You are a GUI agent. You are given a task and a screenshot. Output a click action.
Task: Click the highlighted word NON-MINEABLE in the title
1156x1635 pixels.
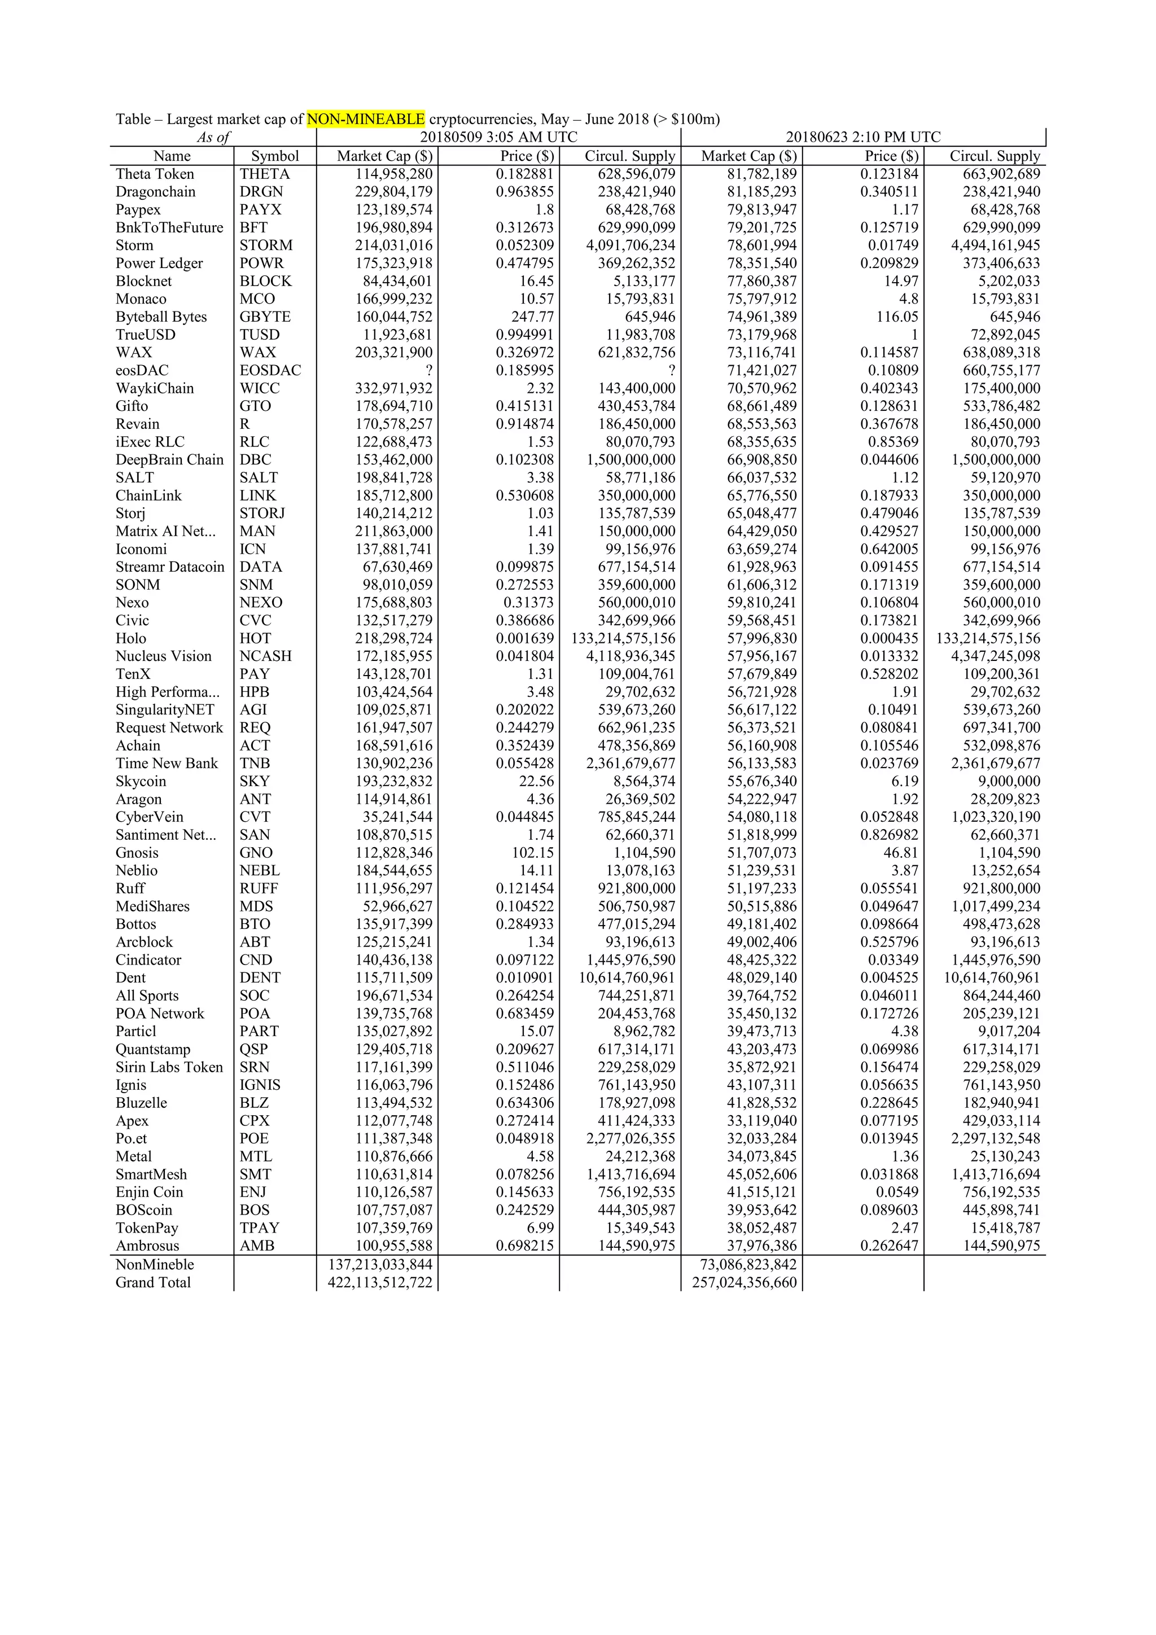[365, 119]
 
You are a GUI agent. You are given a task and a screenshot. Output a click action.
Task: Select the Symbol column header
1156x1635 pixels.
[275, 156]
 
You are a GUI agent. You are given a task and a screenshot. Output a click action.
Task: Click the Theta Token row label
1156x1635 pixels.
[155, 174]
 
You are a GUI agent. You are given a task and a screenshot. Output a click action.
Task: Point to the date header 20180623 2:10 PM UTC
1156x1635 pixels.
[862, 138]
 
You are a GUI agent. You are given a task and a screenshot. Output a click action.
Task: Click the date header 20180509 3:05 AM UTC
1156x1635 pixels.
[498, 138]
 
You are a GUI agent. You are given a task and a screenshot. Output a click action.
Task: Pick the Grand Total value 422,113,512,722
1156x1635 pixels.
[380, 1282]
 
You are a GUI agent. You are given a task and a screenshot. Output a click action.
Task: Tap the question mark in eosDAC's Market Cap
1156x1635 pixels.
[428, 370]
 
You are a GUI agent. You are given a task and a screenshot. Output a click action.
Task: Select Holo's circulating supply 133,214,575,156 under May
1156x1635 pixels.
[623, 639]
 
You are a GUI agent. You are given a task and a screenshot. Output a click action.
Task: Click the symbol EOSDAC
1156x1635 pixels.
[270, 370]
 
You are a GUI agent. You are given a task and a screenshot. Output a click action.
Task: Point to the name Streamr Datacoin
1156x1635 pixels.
[169, 567]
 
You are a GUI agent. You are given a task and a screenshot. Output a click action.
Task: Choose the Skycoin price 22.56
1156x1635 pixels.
[536, 781]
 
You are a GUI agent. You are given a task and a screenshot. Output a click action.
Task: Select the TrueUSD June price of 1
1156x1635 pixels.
[914, 335]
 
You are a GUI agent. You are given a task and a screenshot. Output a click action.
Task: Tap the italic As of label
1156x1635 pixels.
[213, 138]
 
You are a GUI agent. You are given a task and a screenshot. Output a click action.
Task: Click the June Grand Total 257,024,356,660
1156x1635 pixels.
[745, 1282]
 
